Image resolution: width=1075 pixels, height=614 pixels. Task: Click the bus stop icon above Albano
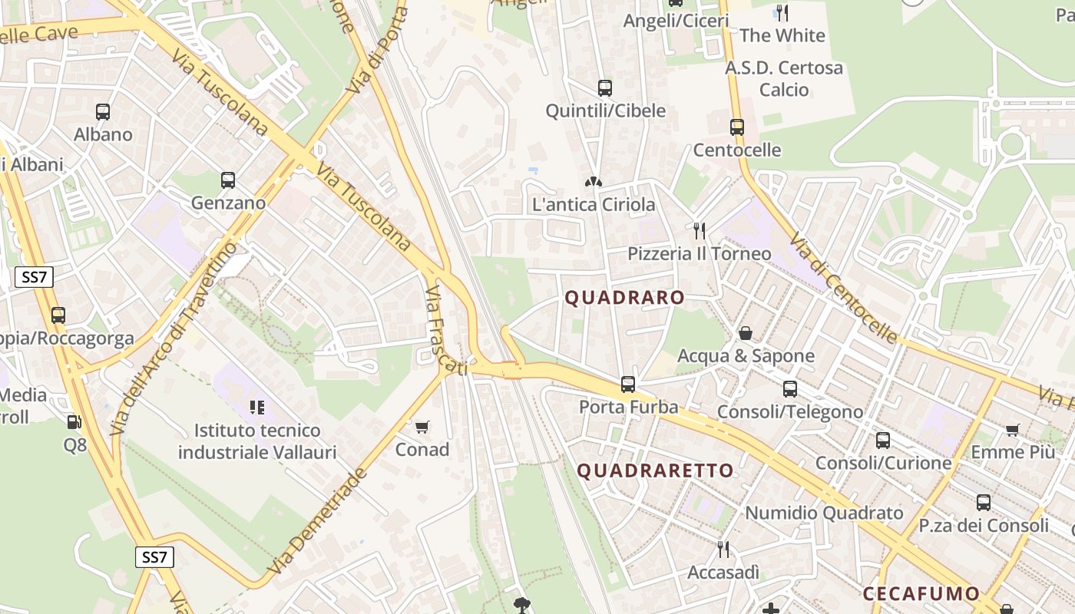tap(103, 112)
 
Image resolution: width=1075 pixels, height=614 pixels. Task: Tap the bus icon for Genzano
tap(228, 180)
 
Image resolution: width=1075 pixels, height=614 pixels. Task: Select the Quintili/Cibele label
tap(605, 111)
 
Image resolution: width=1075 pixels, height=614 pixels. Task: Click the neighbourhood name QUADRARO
tap(624, 298)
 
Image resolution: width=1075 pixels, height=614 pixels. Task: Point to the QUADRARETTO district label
tap(655, 470)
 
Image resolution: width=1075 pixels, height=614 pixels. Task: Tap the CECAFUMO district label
tap(921, 593)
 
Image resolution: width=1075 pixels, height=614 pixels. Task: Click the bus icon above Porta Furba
tap(628, 384)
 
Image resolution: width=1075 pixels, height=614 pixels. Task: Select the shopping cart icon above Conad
tap(422, 427)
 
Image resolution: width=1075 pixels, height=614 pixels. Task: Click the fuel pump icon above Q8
tap(74, 421)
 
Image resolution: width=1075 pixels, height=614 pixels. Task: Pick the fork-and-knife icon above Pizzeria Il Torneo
tap(699, 230)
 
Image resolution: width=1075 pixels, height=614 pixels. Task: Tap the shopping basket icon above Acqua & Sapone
tap(745, 333)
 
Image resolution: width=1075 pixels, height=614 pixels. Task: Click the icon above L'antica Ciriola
tap(594, 182)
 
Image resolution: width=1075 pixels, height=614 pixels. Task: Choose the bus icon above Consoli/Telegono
tap(790, 389)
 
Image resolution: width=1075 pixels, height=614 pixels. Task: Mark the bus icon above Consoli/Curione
tap(883, 441)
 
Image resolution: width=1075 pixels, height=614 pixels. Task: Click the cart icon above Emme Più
tap(1013, 430)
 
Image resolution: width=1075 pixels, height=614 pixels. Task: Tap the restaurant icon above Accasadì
tap(723, 550)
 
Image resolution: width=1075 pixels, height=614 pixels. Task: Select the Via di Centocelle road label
tap(843, 288)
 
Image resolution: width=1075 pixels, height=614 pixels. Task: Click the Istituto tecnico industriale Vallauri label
tap(257, 441)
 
